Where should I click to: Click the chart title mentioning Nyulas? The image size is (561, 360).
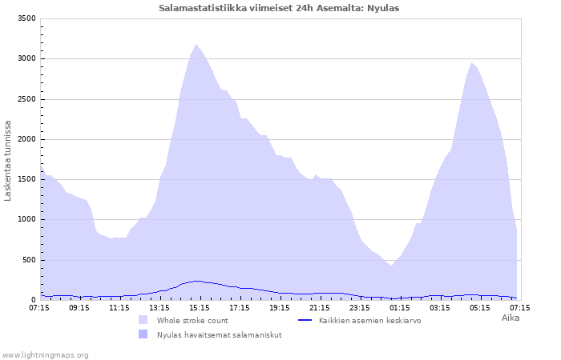point(279,8)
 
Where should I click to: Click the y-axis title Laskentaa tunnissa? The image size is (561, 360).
point(8,160)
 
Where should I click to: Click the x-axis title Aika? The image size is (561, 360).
point(511,318)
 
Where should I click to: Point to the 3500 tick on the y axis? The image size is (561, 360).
point(26,18)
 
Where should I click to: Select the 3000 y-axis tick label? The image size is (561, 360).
point(26,58)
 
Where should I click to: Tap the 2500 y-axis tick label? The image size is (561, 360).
point(26,99)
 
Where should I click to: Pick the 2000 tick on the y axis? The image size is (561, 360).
point(26,139)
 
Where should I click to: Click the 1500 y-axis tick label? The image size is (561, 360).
point(26,179)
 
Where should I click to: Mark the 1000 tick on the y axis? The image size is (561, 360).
point(26,219)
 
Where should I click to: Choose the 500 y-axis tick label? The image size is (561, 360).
point(28,260)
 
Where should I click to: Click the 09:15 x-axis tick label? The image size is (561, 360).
point(79,307)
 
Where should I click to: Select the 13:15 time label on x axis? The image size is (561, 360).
point(159,307)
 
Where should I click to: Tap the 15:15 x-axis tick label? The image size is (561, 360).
point(200,307)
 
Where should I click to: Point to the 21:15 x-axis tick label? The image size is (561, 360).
point(320,307)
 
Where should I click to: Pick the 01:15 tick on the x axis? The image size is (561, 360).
point(400,307)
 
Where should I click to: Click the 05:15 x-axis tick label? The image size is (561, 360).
point(480,307)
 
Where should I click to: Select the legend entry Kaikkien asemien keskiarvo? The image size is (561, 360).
point(369,320)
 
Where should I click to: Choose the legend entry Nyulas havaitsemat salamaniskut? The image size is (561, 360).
point(218,334)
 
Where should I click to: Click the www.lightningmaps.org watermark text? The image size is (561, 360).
point(45,354)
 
